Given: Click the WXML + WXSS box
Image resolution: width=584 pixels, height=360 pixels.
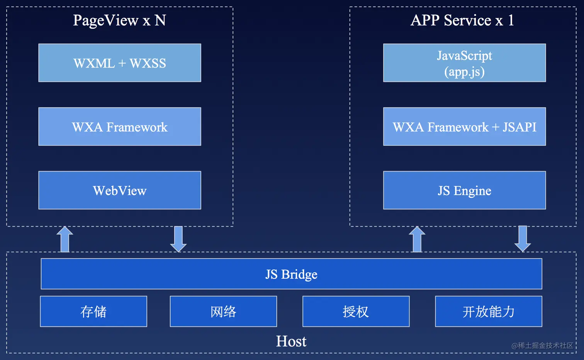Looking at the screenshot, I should (120, 63).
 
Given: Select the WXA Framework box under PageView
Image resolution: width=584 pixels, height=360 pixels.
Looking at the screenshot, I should (120, 127).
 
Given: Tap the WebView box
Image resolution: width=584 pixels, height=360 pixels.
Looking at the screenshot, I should (120, 190).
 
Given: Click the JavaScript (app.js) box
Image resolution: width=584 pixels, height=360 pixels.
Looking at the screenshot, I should (464, 63).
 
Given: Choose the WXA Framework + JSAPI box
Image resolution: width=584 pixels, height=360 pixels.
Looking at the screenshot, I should (464, 127).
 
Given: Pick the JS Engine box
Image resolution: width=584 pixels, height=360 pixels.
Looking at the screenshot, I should (464, 190).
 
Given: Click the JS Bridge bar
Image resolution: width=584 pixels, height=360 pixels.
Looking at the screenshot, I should (291, 274).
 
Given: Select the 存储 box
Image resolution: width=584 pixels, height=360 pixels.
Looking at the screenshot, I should (93, 311).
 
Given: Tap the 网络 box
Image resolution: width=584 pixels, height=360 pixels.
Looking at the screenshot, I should (223, 311).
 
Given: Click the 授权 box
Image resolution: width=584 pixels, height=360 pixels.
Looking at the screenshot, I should (356, 311).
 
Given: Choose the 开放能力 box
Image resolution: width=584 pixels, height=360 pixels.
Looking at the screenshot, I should (489, 311).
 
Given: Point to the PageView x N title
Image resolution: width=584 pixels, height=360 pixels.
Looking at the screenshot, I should (119, 20).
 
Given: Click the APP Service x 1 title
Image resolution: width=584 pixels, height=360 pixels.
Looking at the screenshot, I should (462, 20).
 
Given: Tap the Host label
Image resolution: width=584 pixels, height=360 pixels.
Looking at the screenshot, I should (291, 341).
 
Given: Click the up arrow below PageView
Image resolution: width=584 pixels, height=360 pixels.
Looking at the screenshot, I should (65, 239).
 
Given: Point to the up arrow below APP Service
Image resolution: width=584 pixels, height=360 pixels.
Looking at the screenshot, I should (417, 239).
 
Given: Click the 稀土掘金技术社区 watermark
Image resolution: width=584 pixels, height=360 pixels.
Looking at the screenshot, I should (542, 345).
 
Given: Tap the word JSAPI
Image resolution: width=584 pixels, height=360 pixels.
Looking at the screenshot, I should (519, 127).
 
